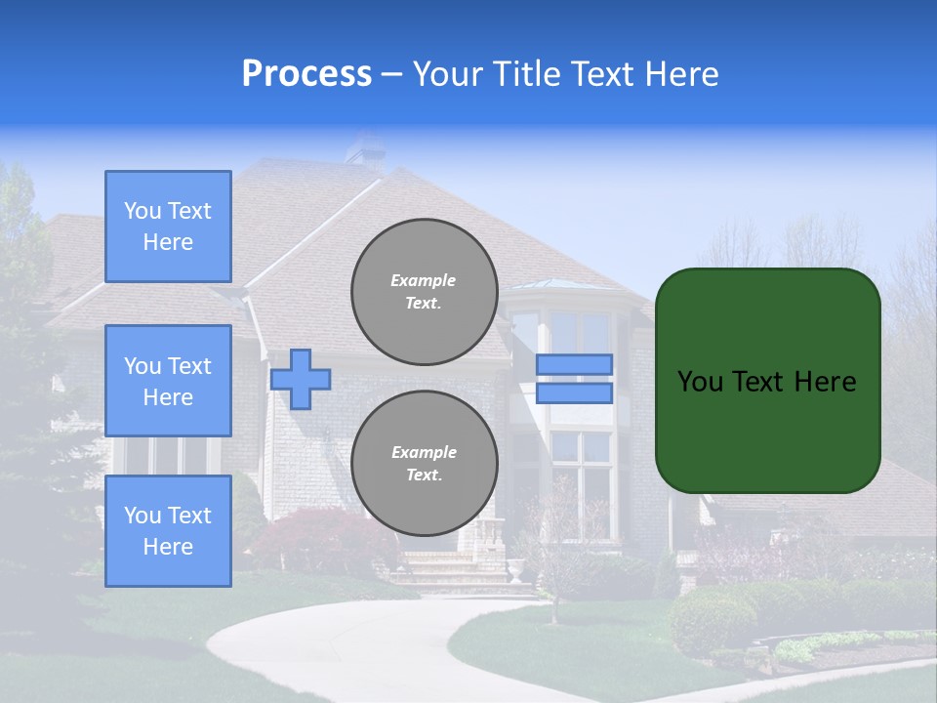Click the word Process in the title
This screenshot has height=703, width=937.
click(306, 74)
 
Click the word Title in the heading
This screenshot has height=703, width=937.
click(525, 74)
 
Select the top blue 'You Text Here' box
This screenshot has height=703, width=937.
click(168, 227)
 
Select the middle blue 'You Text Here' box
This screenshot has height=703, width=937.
click(168, 381)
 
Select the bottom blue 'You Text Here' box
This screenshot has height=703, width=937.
click(168, 530)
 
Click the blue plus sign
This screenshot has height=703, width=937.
click(301, 379)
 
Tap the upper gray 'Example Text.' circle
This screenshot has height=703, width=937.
click(424, 292)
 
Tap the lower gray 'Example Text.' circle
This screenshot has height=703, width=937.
click(424, 464)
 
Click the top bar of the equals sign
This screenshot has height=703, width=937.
click(574, 364)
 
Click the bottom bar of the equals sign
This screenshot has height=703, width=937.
click(574, 393)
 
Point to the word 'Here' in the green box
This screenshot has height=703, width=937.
click(825, 382)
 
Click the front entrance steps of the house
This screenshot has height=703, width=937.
click(459, 571)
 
